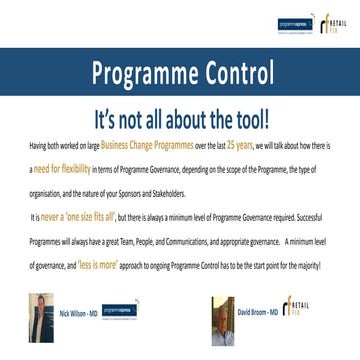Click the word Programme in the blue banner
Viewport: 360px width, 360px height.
(140, 73)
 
